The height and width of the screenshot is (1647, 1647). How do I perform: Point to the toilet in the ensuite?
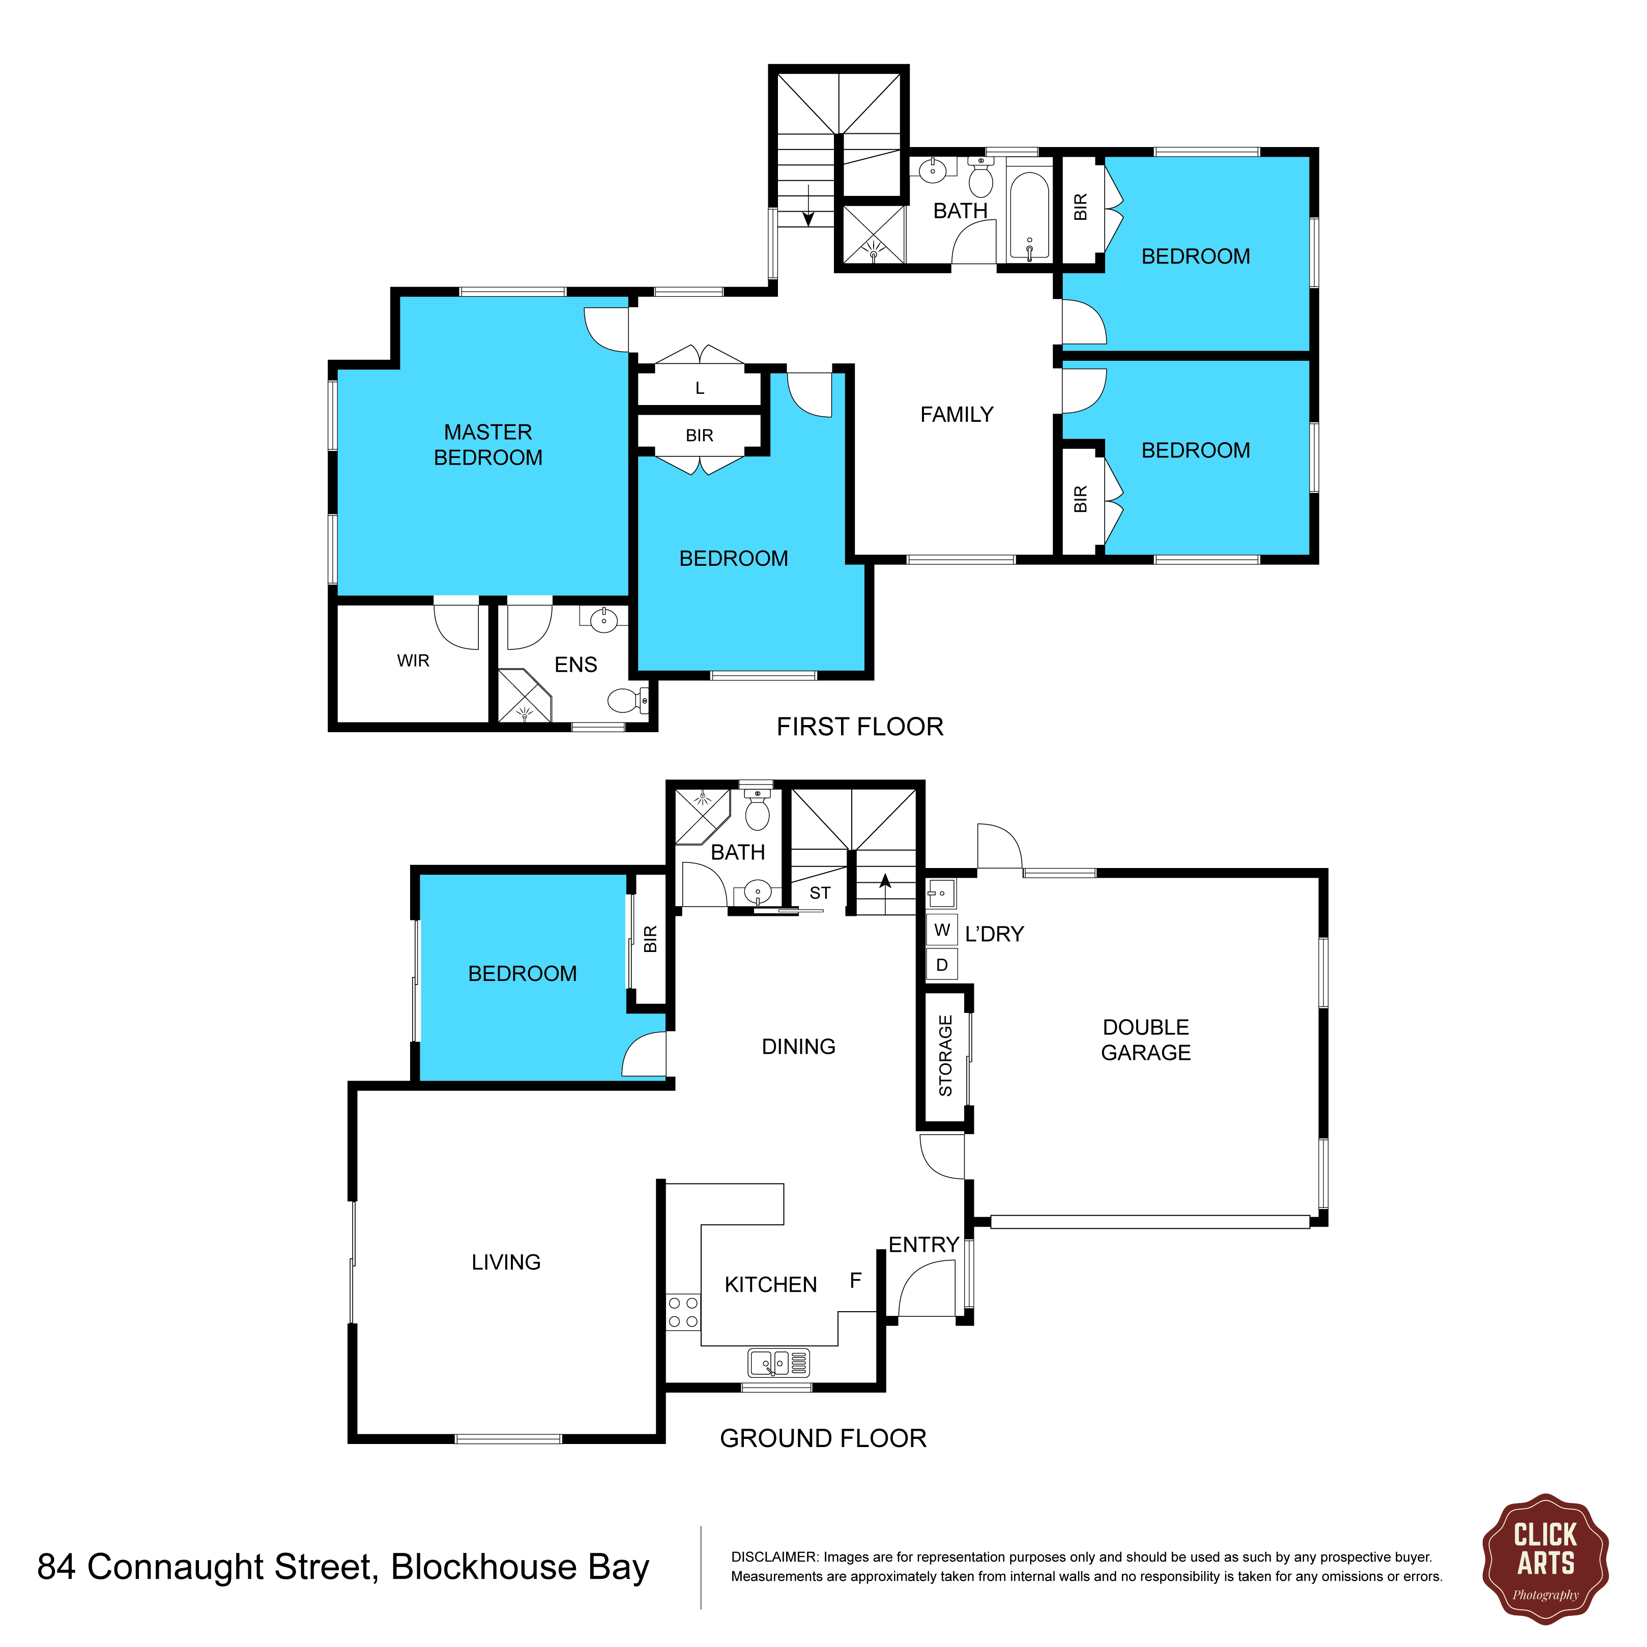[x=628, y=701]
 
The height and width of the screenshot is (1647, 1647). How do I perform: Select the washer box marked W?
[x=942, y=930]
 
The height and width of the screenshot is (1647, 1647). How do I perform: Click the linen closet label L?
[x=700, y=389]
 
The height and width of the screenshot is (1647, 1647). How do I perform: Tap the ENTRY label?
[x=924, y=1245]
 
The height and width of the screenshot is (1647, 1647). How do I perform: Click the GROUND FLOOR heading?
[x=823, y=1439]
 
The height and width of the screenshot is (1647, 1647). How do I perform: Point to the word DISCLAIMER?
[x=774, y=1556]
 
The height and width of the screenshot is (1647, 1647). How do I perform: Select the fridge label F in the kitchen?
[x=856, y=1281]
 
